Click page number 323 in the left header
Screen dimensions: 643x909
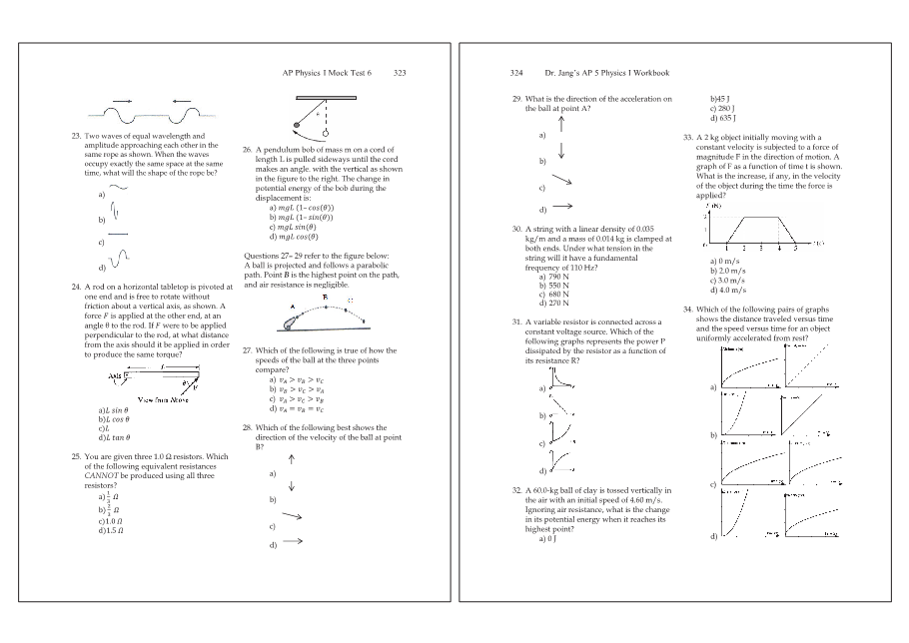(x=400, y=73)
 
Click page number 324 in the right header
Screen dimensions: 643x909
(x=516, y=73)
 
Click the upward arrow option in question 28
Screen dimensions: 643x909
(x=291, y=460)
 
